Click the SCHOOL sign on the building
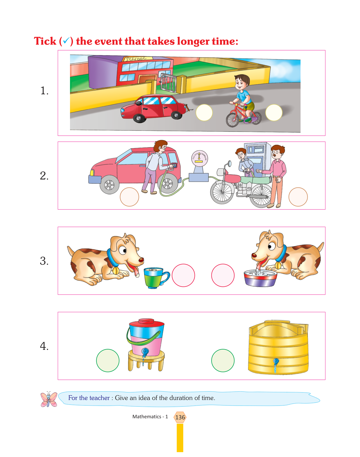138,59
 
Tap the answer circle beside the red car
204,113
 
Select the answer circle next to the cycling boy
274,113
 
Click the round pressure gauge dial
199,158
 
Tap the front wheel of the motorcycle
222,192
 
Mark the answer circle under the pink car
129,197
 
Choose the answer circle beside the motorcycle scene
298,197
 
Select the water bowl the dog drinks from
260,278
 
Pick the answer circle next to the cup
183,275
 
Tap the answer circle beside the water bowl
223,275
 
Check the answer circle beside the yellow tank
223,361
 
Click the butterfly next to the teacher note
49,399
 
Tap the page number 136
180,417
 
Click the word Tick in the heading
45,41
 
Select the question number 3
44,261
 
